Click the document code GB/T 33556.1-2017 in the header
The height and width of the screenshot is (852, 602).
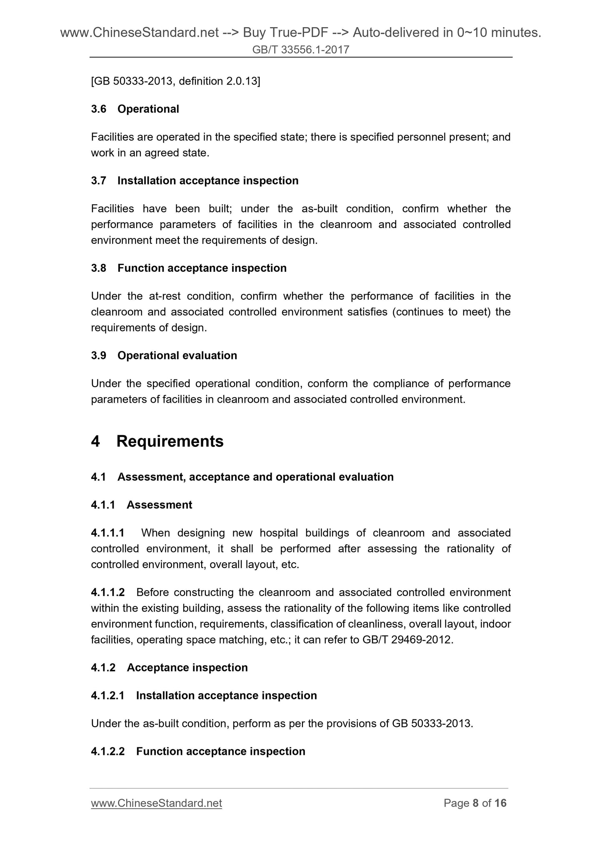[300, 50]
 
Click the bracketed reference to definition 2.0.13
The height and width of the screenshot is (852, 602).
[175, 81]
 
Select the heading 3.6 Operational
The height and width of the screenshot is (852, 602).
[135, 109]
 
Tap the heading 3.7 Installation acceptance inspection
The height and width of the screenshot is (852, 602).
[195, 181]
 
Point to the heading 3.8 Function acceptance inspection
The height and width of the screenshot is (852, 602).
[189, 268]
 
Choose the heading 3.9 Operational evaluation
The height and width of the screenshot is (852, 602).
[164, 356]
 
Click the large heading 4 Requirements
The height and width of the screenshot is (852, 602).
[157, 441]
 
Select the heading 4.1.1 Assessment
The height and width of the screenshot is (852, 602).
[142, 505]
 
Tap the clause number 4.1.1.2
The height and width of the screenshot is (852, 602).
[107, 592]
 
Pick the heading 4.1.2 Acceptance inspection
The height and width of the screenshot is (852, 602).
[169, 668]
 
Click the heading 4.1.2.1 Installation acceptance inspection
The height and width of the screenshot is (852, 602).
[204, 696]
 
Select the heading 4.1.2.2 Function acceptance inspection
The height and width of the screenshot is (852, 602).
[198, 752]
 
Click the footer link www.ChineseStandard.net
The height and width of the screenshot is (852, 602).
[156, 803]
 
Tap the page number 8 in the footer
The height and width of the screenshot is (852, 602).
[475, 803]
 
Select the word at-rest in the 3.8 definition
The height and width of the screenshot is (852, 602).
[165, 296]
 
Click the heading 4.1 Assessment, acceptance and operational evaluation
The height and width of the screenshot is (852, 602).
[242, 477]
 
